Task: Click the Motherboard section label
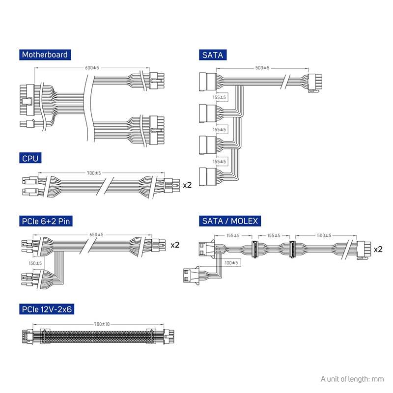tap(44, 55)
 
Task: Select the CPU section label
tap(30, 158)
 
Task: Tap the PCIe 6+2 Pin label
tap(45, 221)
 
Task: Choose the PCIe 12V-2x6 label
tap(47, 309)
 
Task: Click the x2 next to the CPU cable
tap(187, 186)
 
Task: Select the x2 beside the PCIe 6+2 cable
tap(175, 245)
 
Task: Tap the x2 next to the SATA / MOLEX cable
tap(378, 250)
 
